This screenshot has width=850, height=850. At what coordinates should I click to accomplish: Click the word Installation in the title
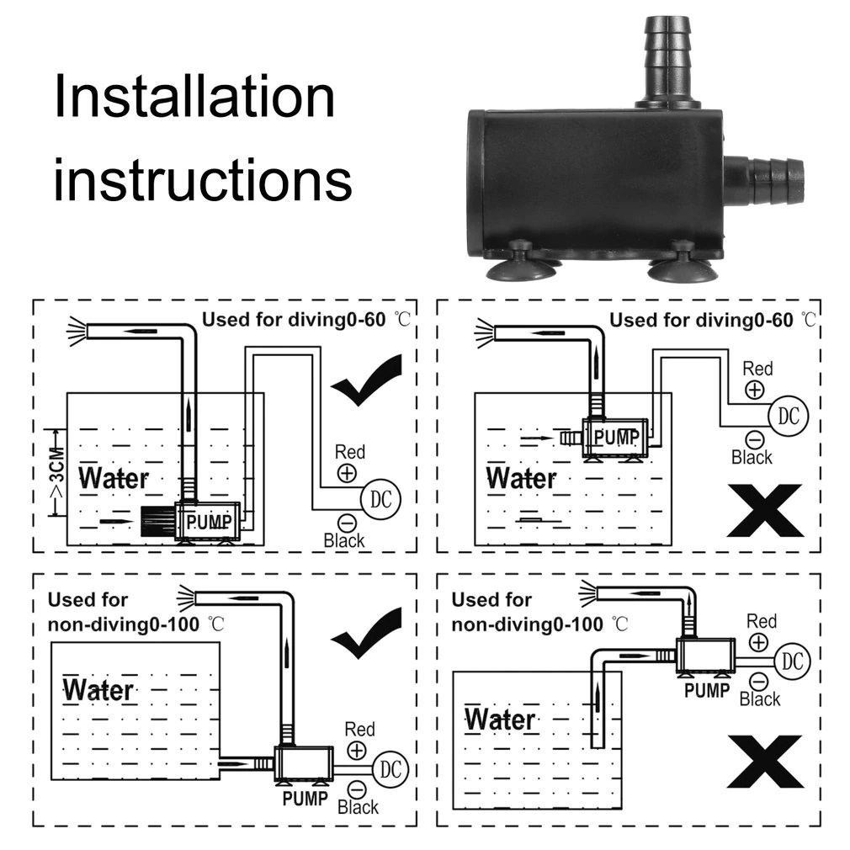click(x=194, y=96)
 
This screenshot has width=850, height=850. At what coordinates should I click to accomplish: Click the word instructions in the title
click(x=202, y=179)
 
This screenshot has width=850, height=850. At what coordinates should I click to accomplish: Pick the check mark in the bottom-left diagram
click(x=367, y=633)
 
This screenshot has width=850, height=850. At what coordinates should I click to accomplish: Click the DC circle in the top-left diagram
click(x=380, y=498)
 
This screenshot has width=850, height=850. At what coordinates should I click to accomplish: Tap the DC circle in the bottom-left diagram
click(x=388, y=768)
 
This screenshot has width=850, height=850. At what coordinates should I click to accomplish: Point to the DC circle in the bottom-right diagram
click(x=793, y=661)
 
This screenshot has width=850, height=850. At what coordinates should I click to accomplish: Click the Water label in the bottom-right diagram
click(x=500, y=720)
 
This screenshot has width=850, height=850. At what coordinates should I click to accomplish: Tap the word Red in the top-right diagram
click(x=757, y=369)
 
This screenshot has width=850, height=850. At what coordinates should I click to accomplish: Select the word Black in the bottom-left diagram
click(x=358, y=808)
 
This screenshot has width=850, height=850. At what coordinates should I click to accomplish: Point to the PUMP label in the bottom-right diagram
click(x=706, y=691)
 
